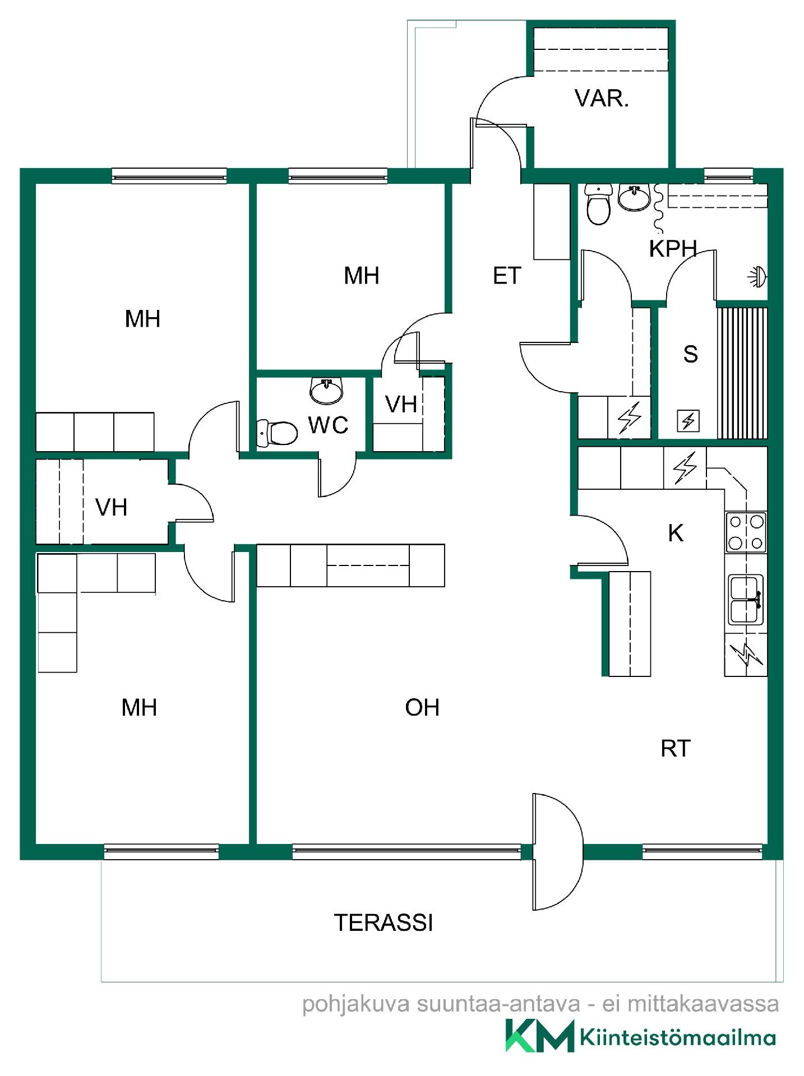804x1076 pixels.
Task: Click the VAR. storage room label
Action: coord(602,99)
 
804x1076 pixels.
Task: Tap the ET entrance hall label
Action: coord(507,276)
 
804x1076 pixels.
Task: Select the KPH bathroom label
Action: coord(673,249)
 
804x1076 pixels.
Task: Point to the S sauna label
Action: coord(691,354)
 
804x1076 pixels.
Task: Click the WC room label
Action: coord(328,425)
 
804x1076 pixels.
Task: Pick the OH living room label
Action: coord(422,708)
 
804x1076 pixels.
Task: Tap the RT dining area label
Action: coord(676,749)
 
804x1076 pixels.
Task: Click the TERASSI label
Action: coord(383,923)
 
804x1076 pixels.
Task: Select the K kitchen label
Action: coord(676,534)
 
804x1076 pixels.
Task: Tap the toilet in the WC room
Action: coord(277,433)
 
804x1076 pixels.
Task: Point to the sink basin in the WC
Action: coord(326,391)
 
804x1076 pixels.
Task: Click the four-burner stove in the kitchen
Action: coord(746,532)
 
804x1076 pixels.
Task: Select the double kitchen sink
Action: coord(746,600)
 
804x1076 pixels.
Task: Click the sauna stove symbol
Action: coord(688,421)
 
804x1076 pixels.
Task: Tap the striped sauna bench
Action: coord(742,373)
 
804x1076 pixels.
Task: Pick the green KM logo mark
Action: coord(540,1036)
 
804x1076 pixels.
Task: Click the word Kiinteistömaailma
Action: coord(678,1037)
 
